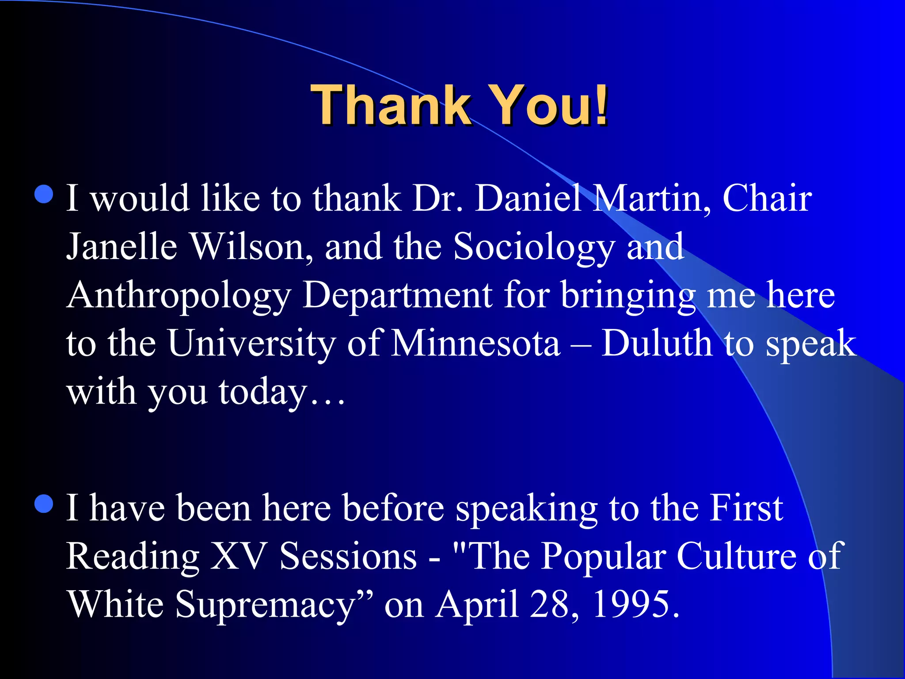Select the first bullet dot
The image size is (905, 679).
click(44, 194)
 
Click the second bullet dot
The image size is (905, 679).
click(44, 504)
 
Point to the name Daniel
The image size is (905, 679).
click(528, 198)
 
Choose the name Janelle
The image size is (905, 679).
click(122, 247)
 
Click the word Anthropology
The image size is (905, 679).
click(179, 296)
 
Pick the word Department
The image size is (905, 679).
click(397, 296)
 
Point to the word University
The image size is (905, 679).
click(251, 344)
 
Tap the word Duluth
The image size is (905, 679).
click(657, 344)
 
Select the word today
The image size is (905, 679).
click(263, 393)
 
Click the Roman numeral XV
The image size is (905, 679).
click(238, 556)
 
